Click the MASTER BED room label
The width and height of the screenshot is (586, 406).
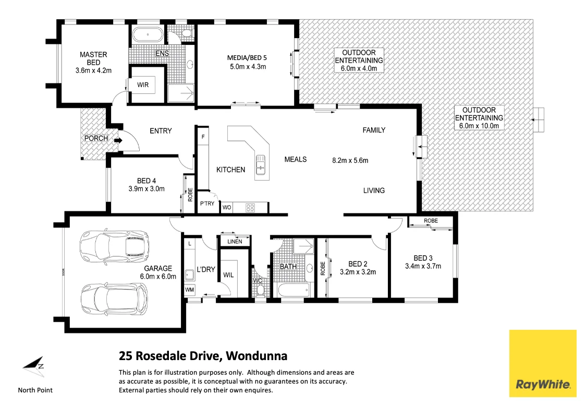tap(93, 58)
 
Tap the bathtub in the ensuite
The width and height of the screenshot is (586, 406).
tap(148, 35)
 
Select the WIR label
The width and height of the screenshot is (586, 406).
tap(143, 85)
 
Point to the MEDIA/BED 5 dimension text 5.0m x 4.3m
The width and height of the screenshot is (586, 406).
tap(248, 67)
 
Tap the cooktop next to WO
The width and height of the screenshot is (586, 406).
tap(250, 208)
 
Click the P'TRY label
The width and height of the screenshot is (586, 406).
tap(207, 204)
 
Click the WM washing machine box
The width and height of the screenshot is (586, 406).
tap(189, 289)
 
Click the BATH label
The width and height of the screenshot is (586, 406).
tap(288, 267)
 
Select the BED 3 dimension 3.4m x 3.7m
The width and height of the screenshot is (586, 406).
tap(423, 266)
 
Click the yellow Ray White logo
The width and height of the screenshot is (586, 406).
tap(543, 363)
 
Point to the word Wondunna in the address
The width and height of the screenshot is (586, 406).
tap(258, 356)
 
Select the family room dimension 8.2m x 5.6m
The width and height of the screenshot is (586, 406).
tap(350, 160)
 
